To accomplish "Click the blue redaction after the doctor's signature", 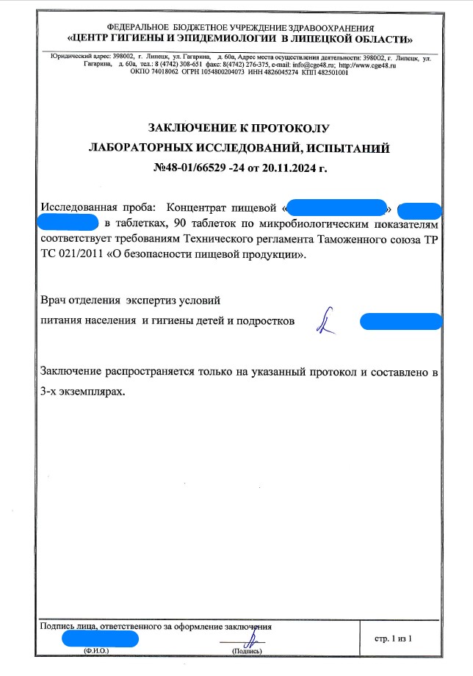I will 400,321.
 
